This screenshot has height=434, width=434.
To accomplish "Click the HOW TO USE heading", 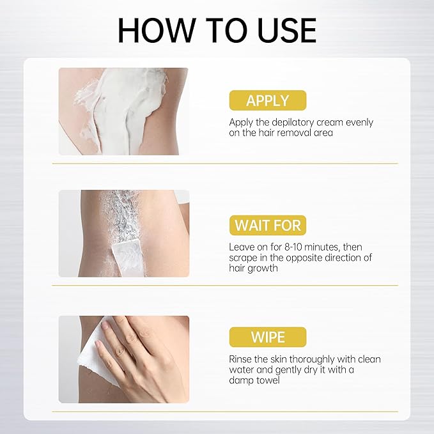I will pos(217,30).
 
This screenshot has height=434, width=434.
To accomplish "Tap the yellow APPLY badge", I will pos(268,100).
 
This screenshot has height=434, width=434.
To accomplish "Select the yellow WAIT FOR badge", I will pos(268,225).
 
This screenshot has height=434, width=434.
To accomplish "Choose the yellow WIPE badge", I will pos(268,337).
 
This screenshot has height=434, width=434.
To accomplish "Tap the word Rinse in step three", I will pos(241,359).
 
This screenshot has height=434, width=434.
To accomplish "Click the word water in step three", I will pos(242,370).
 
